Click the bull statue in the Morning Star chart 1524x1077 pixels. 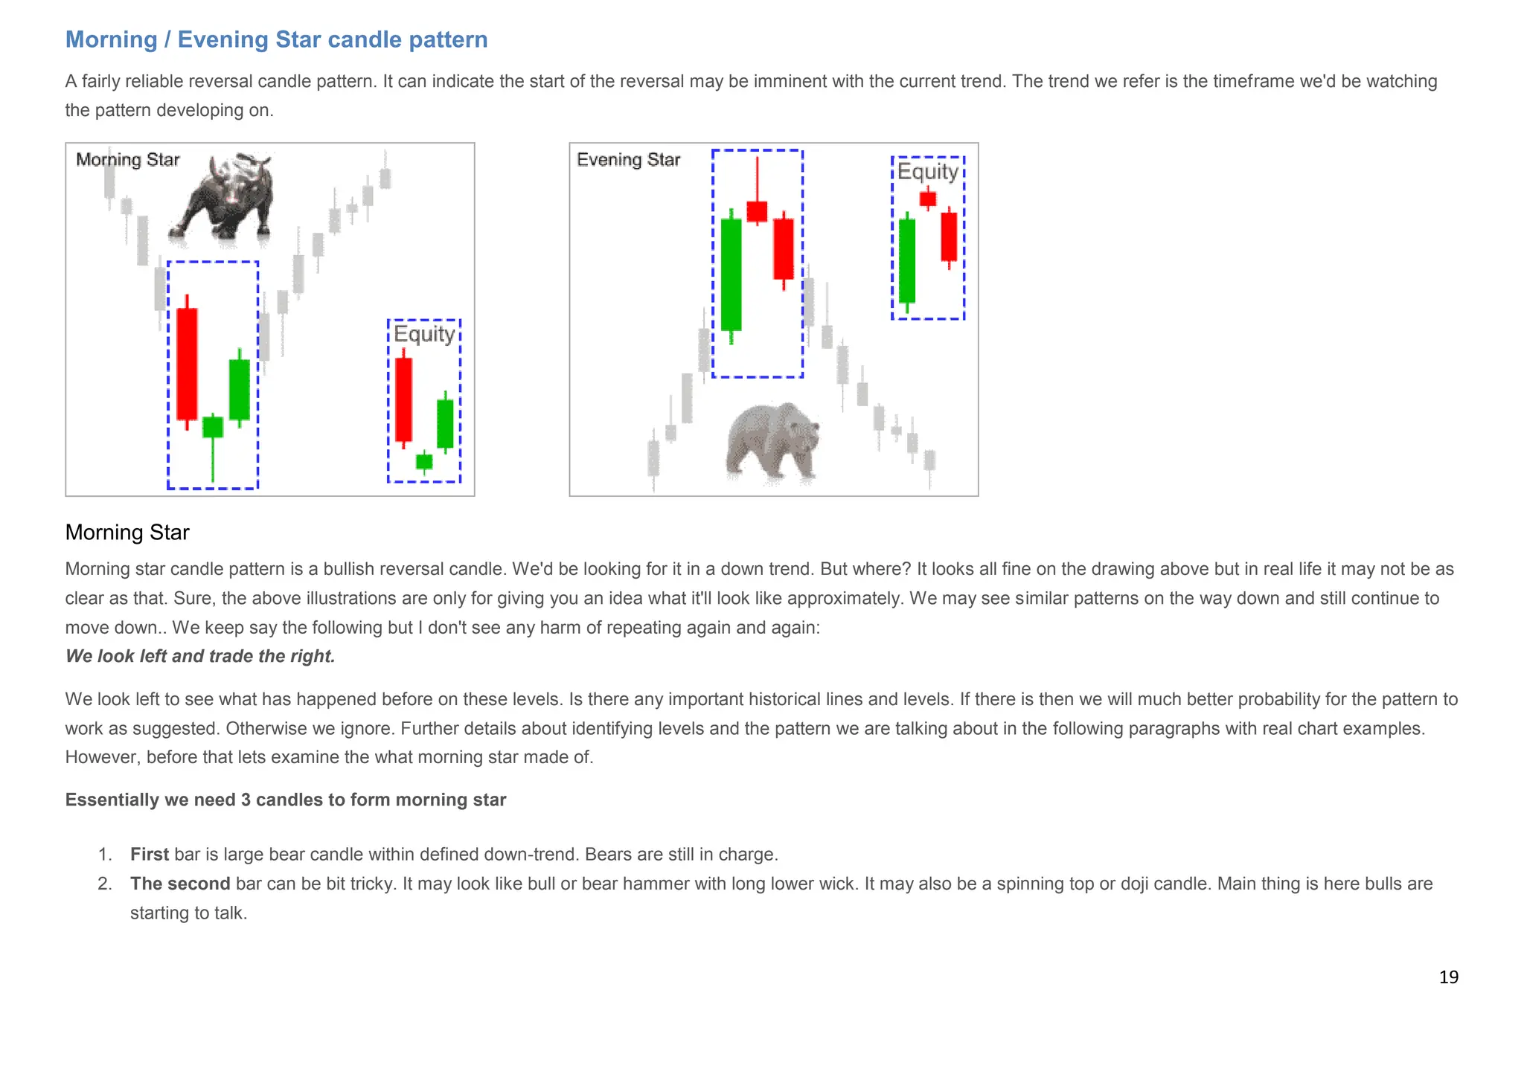223,197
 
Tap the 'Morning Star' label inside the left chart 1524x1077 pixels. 128,160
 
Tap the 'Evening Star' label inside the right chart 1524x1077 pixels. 629,160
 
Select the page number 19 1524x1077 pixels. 1448,977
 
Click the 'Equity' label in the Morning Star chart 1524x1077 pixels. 424,334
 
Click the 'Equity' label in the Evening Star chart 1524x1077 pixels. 928,172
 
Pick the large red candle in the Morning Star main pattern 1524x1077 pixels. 187,364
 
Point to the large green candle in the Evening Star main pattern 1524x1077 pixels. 731,274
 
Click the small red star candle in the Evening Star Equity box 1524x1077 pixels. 928,199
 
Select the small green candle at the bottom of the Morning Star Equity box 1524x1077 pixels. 424,461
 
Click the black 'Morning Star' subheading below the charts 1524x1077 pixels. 127,533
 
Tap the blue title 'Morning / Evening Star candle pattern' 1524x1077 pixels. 276,39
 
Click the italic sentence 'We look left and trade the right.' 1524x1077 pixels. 200,656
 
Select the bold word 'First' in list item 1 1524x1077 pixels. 150,855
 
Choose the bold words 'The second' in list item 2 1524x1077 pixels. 180,884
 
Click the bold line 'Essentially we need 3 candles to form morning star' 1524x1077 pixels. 286,800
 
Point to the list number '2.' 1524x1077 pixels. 105,884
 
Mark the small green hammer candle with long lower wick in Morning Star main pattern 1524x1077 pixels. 213,428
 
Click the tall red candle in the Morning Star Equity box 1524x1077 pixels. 403,399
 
